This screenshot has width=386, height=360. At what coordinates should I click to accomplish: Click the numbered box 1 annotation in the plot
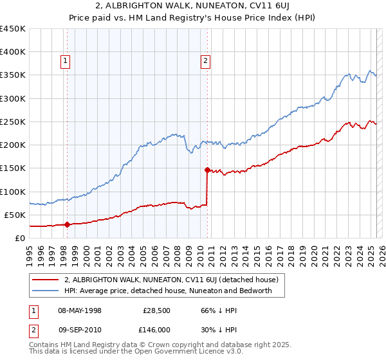[x=66, y=61]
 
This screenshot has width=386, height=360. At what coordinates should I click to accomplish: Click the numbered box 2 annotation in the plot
[x=205, y=61]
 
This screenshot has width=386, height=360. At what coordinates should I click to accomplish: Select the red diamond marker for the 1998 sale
[x=67, y=225]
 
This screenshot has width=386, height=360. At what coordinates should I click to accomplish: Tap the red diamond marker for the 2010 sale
[x=207, y=170]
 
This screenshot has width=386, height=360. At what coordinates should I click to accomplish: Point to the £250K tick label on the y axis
[x=13, y=122]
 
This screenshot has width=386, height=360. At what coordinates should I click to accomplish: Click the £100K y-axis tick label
[x=13, y=192]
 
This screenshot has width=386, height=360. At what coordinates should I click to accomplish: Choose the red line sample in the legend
[x=46, y=280]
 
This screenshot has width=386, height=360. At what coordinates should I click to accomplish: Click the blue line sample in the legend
[x=46, y=291]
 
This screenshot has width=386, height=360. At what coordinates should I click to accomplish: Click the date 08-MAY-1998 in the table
[x=80, y=310]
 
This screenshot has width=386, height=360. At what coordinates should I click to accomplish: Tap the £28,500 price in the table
[x=156, y=310]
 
